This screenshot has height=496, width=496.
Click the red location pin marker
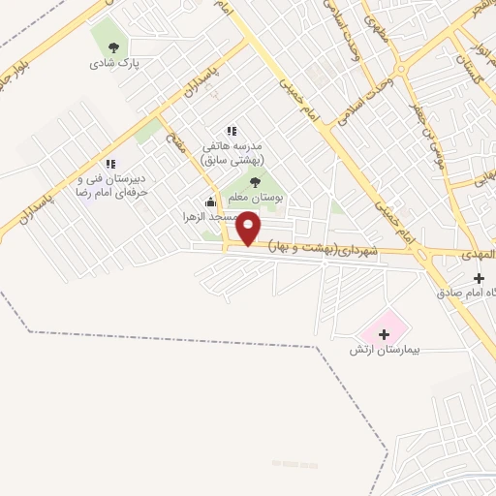pyautogui.click(x=249, y=229)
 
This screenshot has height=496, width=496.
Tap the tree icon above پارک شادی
pyautogui.click(x=114, y=46)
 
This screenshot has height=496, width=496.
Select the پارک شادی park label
pyautogui.click(x=115, y=63)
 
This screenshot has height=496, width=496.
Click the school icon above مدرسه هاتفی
pyautogui.click(x=231, y=131)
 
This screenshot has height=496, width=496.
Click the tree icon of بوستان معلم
pyautogui.click(x=255, y=181)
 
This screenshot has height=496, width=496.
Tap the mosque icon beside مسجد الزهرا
pyautogui.click(x=210, y=201)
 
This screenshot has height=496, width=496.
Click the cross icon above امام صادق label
pyautogui.click(x=479, y=278)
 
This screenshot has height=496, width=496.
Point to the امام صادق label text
pyautogui.click(x=467, y=292)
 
